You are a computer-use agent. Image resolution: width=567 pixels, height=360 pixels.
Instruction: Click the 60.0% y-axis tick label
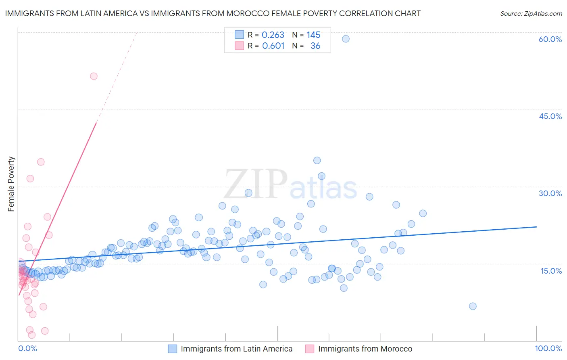(x=550, y=39)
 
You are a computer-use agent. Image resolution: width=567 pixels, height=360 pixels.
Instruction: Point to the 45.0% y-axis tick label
(x=550, y=116)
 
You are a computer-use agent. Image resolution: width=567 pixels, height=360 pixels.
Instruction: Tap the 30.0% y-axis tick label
(x=550, y=193)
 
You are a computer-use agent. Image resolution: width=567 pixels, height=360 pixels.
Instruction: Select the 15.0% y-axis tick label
(x=551, y=271)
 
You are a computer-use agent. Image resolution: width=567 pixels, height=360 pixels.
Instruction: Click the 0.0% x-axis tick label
(x=27, y=348)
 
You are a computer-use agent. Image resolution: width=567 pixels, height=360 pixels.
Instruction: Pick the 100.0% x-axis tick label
(x=548, y=348)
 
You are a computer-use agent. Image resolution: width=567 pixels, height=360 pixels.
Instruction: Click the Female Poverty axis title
(x=11, y=184)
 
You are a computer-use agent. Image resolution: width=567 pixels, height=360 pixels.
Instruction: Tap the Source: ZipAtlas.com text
(x=531, y=13)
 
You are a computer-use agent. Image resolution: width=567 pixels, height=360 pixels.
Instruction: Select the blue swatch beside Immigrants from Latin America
(x=173, y=349)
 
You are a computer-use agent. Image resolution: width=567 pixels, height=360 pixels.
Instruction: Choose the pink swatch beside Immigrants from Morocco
(x=310, y=349)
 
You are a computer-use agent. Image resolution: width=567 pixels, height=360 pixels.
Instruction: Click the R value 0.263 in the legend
(x=273, y=35)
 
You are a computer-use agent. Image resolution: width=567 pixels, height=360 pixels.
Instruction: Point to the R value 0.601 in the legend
(x=273, y=46)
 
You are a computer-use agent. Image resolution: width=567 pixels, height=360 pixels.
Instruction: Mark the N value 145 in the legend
(x=313, y=35)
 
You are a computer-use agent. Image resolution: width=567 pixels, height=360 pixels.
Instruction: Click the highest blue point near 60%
(x=346, y=39)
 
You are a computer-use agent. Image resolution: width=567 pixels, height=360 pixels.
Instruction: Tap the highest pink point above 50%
(x=94, y=76)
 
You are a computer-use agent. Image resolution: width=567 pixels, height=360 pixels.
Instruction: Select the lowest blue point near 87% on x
(x=473, y=306)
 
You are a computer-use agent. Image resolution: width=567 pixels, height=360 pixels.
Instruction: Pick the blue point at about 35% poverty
(x=317, y=160)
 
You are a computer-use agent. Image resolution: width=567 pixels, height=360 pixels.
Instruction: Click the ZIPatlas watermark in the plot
(x=290, y=185)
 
